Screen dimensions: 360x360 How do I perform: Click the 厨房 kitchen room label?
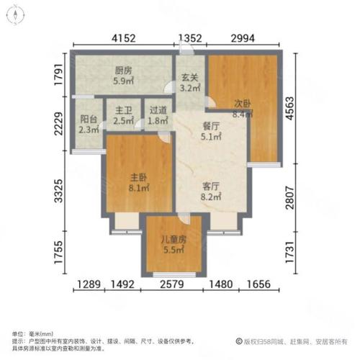pyautogui.click(x=124, y=71)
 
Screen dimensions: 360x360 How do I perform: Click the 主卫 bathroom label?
pyautogui.click(x=122, y=112)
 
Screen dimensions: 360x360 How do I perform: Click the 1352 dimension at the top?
pyautogui.click(x=190, y=38)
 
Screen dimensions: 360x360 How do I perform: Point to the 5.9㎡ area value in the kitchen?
pyautogui.click(x=124, y=81)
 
